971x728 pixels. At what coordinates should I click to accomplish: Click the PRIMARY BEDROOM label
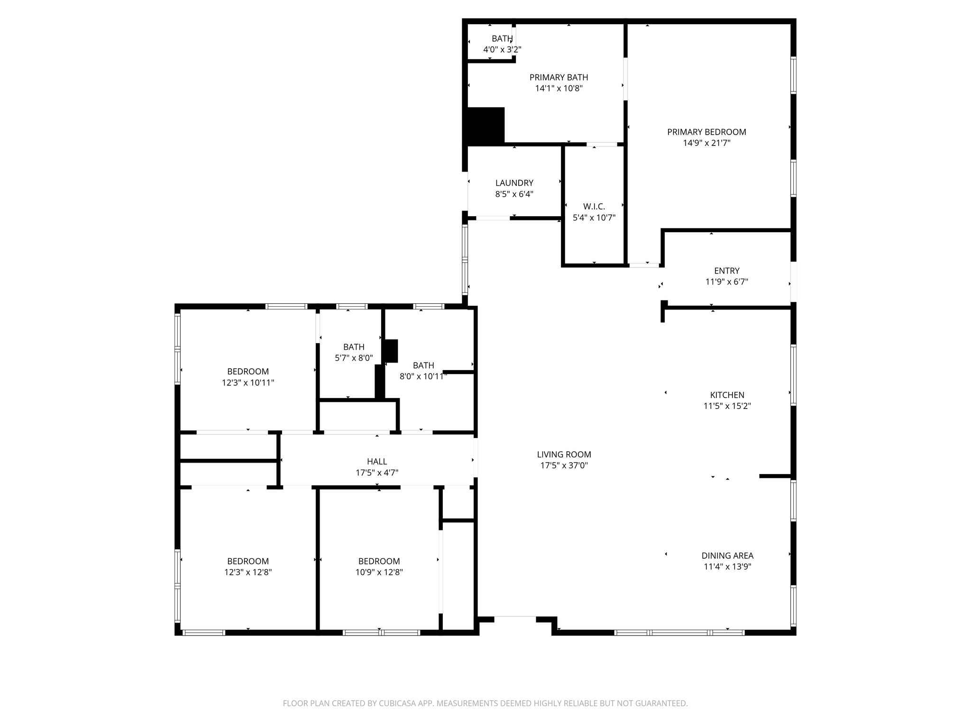(x=706, y=132)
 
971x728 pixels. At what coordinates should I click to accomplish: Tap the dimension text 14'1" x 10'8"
(x=559, y=88)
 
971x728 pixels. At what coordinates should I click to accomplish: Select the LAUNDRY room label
(x=514, y=183)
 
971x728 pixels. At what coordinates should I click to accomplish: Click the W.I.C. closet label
(x=594, y=207)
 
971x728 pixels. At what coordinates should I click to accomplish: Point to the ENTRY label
(x=726, y=271)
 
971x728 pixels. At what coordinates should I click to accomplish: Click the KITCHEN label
(x=727, y=395)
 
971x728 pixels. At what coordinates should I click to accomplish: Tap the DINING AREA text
(x=727, y=555)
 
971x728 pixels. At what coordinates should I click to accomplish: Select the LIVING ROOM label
(x=564, y=455)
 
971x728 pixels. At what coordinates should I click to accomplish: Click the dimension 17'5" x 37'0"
(x=564, y=465)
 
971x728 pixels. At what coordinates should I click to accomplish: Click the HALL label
(x=377, y=462)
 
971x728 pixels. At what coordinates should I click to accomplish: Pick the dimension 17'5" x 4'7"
(x=377, y=473)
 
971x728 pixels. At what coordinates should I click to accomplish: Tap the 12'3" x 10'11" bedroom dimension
(x=248, y=382)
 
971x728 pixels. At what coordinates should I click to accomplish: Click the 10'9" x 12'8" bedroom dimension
(x=379, y=572)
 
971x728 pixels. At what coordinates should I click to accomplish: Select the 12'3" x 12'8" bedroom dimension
(x=248, y=572)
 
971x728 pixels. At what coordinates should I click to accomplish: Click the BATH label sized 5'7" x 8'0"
(x=354, y=347)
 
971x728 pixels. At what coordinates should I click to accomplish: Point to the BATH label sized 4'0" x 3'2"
(x=502, y=39)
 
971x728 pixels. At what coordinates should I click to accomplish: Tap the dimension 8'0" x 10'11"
(x=423, y=377)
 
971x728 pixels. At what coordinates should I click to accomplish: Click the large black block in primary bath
(x=485, y=126)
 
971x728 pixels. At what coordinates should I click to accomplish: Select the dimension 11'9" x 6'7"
(x=726, y=282)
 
